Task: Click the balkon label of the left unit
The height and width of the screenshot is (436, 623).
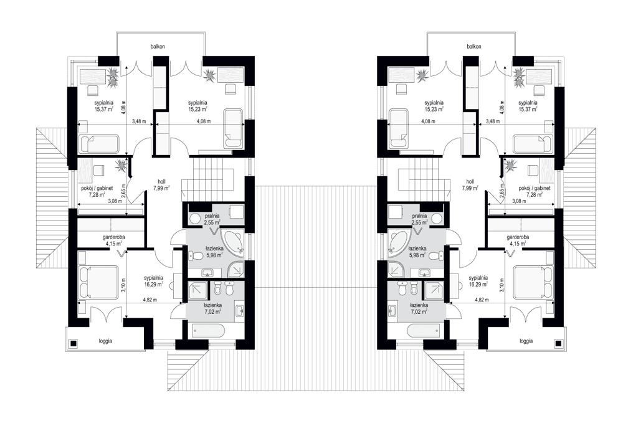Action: [157, 47]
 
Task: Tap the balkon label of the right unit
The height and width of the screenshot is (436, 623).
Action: [474, 47]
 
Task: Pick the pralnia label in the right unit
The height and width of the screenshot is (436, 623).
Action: [419, 215]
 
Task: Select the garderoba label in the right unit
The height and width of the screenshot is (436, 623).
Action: [518, 237]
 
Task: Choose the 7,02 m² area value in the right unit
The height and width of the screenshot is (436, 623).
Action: [419, 312]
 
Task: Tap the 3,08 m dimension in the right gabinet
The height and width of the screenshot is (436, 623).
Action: [518, 202]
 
